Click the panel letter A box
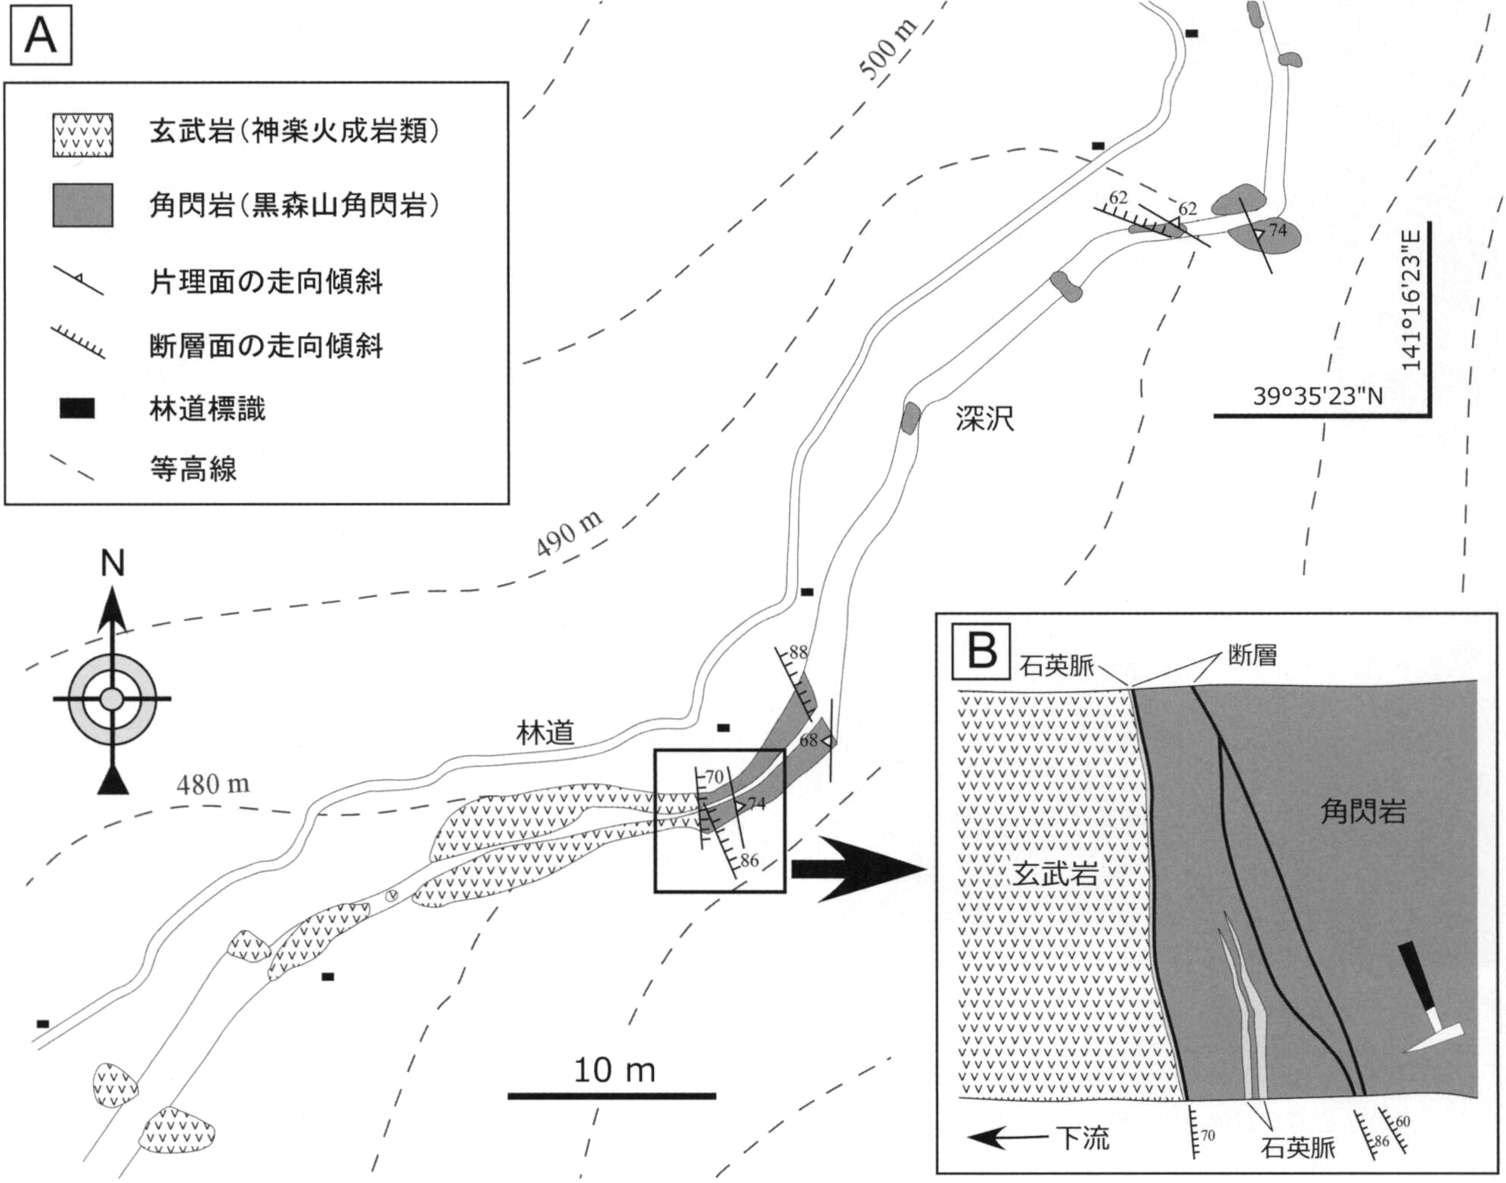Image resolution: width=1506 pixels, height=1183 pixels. coord(40,36)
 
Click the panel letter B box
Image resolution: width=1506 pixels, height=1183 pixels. coord(981,651)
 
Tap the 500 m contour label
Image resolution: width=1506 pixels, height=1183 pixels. coord(888,49)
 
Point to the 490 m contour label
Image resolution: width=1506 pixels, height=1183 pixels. coord(569,533)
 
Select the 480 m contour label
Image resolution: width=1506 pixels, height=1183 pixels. coord(212,784)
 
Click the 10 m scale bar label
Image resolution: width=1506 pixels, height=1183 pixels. coord(614,1070)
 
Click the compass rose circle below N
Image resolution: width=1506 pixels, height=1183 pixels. coord(112,699)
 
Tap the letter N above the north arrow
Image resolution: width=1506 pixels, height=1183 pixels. coord(113,564)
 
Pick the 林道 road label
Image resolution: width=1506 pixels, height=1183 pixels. coord(545,732)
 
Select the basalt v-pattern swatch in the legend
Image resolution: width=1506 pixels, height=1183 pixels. coord(83,135)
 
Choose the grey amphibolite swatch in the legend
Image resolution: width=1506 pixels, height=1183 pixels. coord(83,205)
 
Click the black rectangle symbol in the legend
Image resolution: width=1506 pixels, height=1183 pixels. coord(77,409)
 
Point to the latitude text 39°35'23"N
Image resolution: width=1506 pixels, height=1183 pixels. coord(1318,396)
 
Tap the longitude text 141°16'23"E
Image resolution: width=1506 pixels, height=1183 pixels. coord(1411,300)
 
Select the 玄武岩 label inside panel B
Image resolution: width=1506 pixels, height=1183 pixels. coord(1055,874)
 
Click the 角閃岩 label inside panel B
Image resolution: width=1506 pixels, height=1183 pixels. coord(1362,812)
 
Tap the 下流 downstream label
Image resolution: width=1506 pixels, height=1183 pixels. coord(1083,1138)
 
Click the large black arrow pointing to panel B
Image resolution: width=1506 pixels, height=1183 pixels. coord(859,869)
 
